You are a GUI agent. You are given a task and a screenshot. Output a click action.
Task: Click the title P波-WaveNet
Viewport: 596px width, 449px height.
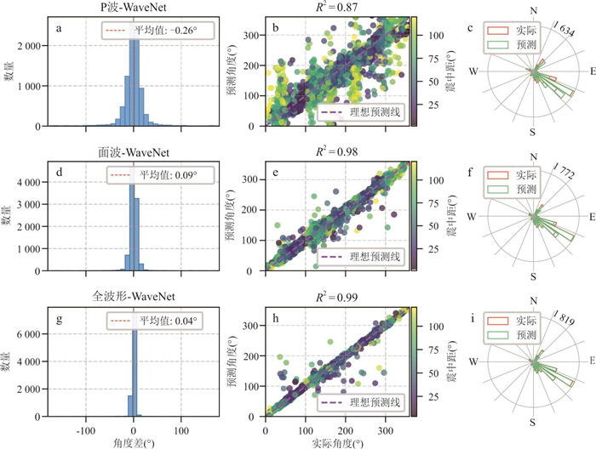[135, 8]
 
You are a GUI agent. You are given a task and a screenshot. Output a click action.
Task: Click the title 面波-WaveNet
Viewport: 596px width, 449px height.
[135, 153]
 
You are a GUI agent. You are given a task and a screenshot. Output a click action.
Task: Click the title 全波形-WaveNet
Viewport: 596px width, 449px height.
[135, 298]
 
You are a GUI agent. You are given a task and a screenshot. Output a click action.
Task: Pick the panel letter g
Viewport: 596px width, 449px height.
[59, 319]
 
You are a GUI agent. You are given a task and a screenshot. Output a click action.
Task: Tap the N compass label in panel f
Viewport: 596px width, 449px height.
[533, 156]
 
